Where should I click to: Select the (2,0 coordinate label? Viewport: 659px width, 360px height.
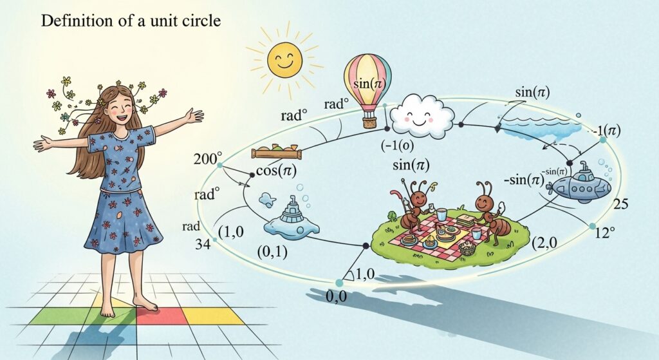point(546,242)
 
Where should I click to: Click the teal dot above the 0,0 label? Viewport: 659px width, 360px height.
point(340,283)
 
